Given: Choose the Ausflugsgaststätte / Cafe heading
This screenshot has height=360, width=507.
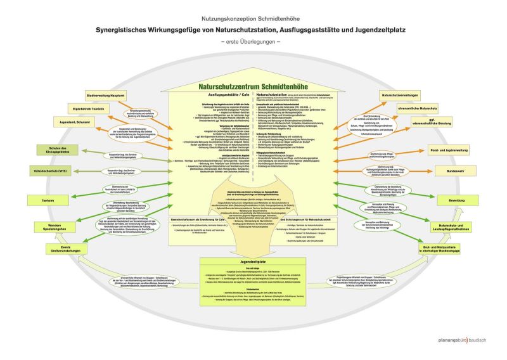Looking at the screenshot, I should click(214, 95).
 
